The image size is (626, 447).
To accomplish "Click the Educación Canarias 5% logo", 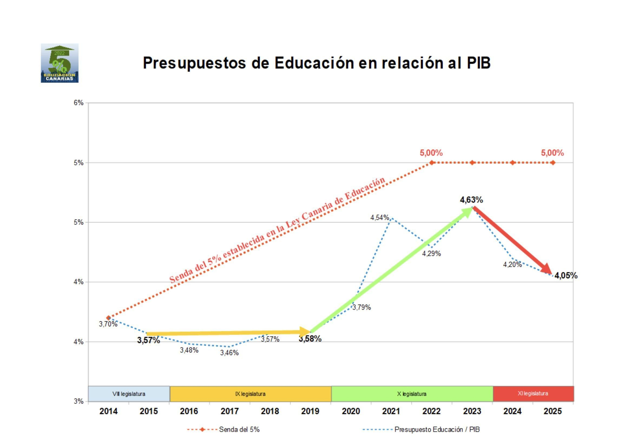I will click(x=59, y=63).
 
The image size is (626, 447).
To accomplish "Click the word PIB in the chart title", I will click(x=478, y=63).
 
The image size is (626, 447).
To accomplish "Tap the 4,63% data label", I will click(x=471, y=200).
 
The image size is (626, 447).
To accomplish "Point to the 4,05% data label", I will click(x=566, y=275).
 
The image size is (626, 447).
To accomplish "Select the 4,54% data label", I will click(x=379, y=218).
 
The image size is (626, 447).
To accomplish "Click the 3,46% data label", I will click(x=229, y=353).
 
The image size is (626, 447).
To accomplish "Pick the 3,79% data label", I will click(x=362, y=307).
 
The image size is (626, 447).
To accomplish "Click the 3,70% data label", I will click(x=108, y=324).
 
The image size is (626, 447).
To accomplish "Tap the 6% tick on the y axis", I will click(x=79, y=103).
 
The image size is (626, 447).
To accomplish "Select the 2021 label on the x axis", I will click(x=391, y=411).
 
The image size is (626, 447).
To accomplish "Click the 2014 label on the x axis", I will click(x=108, y=411).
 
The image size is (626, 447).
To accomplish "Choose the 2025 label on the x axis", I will click(x=552, y=411).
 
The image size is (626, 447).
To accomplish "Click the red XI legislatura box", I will click(x=533, y=394).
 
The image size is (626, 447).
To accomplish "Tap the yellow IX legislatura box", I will click(x=250, y=394).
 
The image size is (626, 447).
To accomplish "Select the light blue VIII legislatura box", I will click(x=129, y=394).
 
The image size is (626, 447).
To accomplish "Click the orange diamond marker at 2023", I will click(x=472, y=163).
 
